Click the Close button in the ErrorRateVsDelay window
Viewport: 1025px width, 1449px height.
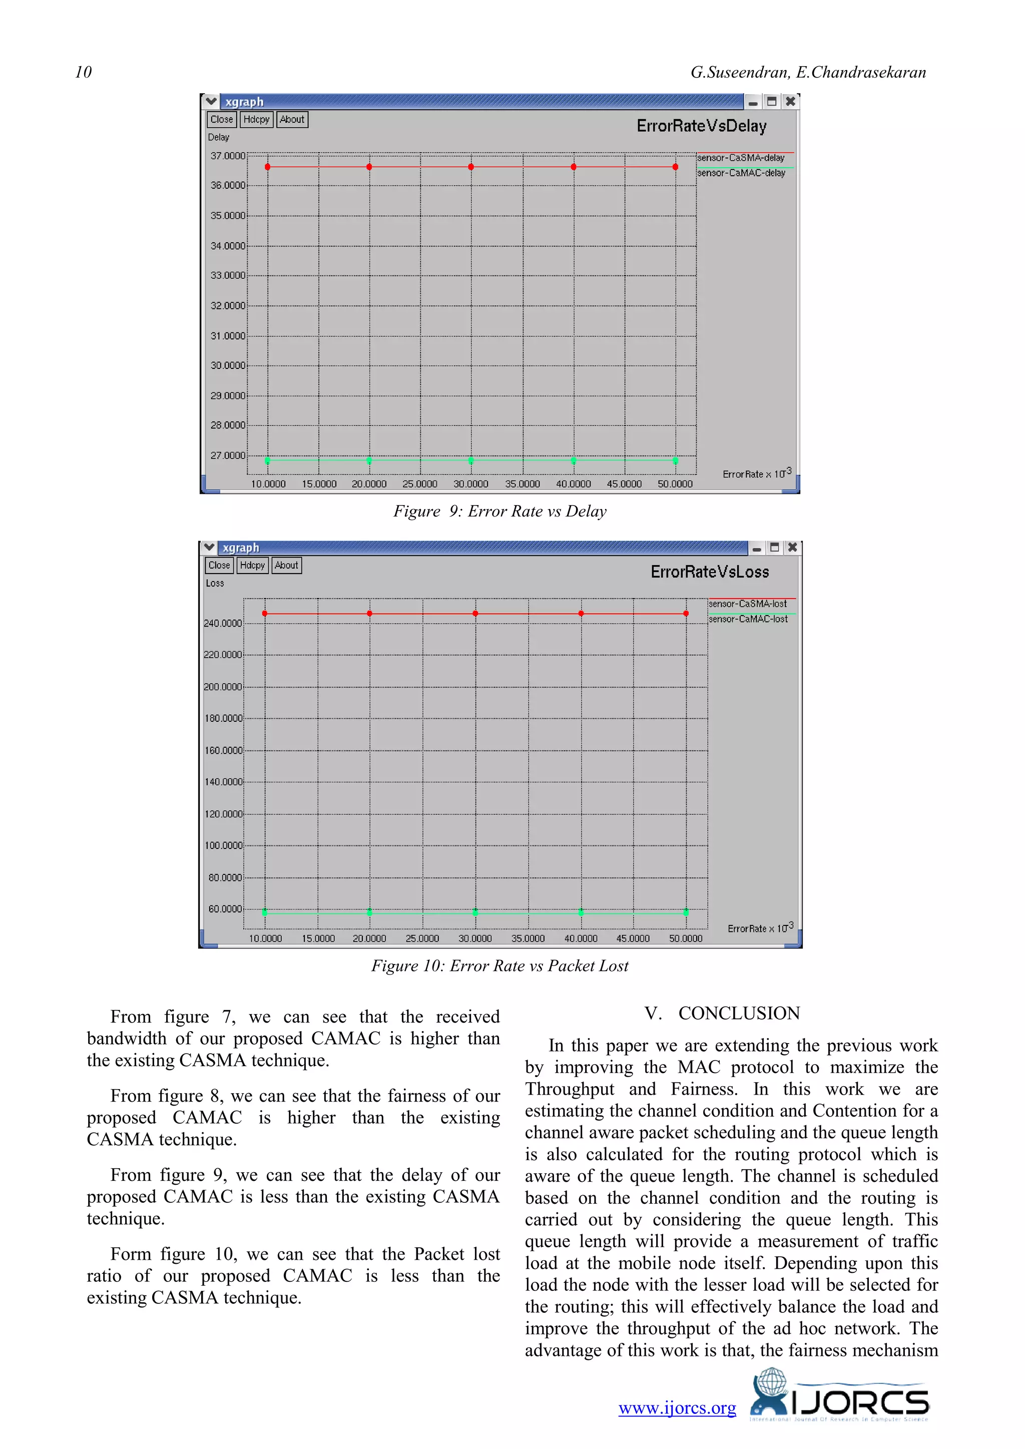222,119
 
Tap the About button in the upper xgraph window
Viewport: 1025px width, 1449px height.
292,119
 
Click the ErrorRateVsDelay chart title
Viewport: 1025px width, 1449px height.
701,126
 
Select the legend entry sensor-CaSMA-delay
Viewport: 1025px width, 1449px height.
741,158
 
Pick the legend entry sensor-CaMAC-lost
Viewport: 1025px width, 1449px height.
748,619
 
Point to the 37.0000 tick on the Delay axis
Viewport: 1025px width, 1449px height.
227,156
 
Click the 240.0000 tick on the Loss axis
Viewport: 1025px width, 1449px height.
222,624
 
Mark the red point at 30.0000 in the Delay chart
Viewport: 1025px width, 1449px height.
471,167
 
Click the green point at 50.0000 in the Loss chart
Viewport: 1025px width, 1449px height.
686,912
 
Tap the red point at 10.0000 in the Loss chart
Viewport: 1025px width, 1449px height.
264,614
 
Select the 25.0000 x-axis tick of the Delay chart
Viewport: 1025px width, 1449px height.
420,484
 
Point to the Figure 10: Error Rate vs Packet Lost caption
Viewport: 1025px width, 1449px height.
500,965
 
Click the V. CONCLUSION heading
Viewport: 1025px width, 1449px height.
722,1014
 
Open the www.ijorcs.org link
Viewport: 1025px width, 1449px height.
677,1408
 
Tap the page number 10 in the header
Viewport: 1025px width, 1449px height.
83,73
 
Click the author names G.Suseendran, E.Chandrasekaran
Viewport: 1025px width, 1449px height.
808,73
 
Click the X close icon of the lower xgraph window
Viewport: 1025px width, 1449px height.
793,547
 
